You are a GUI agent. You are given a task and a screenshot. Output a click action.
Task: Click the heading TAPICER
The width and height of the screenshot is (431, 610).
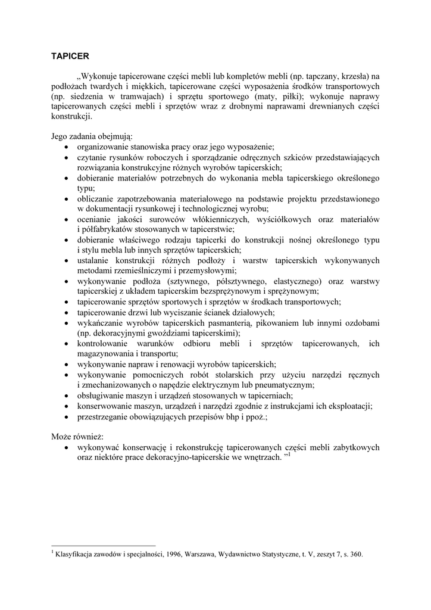70,56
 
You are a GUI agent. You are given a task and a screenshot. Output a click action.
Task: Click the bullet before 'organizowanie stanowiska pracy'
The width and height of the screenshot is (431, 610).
66,147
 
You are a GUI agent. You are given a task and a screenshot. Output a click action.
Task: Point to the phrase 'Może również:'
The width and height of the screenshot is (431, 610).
77,437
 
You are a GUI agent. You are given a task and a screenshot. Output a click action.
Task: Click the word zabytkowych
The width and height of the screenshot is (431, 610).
356,447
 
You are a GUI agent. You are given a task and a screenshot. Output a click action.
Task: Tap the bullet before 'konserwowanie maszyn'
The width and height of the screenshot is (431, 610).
66,407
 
